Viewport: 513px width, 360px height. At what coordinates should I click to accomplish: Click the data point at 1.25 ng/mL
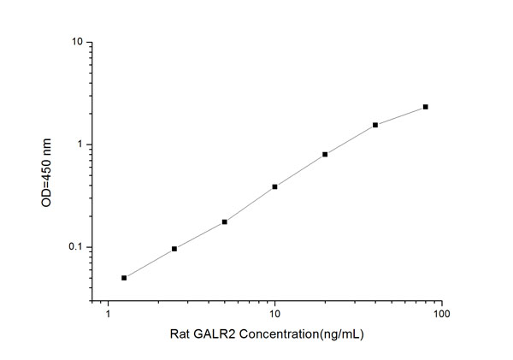point(124,278)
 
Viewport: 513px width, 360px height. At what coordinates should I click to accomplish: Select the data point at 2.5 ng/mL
point(174,249)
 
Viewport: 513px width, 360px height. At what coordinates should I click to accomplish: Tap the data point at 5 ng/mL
point(224,221)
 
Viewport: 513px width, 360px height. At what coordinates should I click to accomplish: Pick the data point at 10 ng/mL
point(274,186)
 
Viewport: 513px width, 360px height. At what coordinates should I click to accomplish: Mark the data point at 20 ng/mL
point(325,155)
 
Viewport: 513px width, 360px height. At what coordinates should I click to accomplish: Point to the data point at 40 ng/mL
point(375,125)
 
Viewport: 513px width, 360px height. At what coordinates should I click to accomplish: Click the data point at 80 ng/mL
point(425,107)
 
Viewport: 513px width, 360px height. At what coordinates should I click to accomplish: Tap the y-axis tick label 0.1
point(75,248)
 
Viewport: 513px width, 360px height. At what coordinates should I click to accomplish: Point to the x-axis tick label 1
point(108,316)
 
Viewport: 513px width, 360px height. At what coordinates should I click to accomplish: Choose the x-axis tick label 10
point(274,316)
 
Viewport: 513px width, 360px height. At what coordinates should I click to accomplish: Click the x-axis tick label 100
point(441,316)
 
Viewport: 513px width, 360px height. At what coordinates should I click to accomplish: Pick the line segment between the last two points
point(400,115)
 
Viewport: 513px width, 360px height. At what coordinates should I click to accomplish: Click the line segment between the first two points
point(150,263)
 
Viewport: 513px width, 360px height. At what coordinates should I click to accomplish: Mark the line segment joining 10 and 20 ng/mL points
point(299,171)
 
